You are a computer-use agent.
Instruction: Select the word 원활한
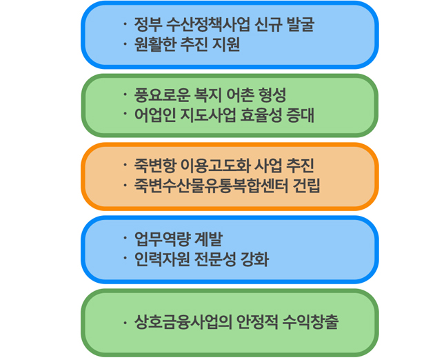click(155, 45)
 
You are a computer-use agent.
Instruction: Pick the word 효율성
click(261, 115)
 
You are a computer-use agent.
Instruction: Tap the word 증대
click(301, 115)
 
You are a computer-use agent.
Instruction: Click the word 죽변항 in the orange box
click(155, 166)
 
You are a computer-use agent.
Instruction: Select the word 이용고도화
click(214, 166)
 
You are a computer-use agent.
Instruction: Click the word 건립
click(307, 186)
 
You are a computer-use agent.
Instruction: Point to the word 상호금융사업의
click(183, 322)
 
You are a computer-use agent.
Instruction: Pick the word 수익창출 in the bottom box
click(311, 322)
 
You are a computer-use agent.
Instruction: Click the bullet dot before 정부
click(125, 24)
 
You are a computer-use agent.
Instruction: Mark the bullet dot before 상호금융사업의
click(125, 323)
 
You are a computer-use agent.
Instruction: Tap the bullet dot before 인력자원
click(125, 259)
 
